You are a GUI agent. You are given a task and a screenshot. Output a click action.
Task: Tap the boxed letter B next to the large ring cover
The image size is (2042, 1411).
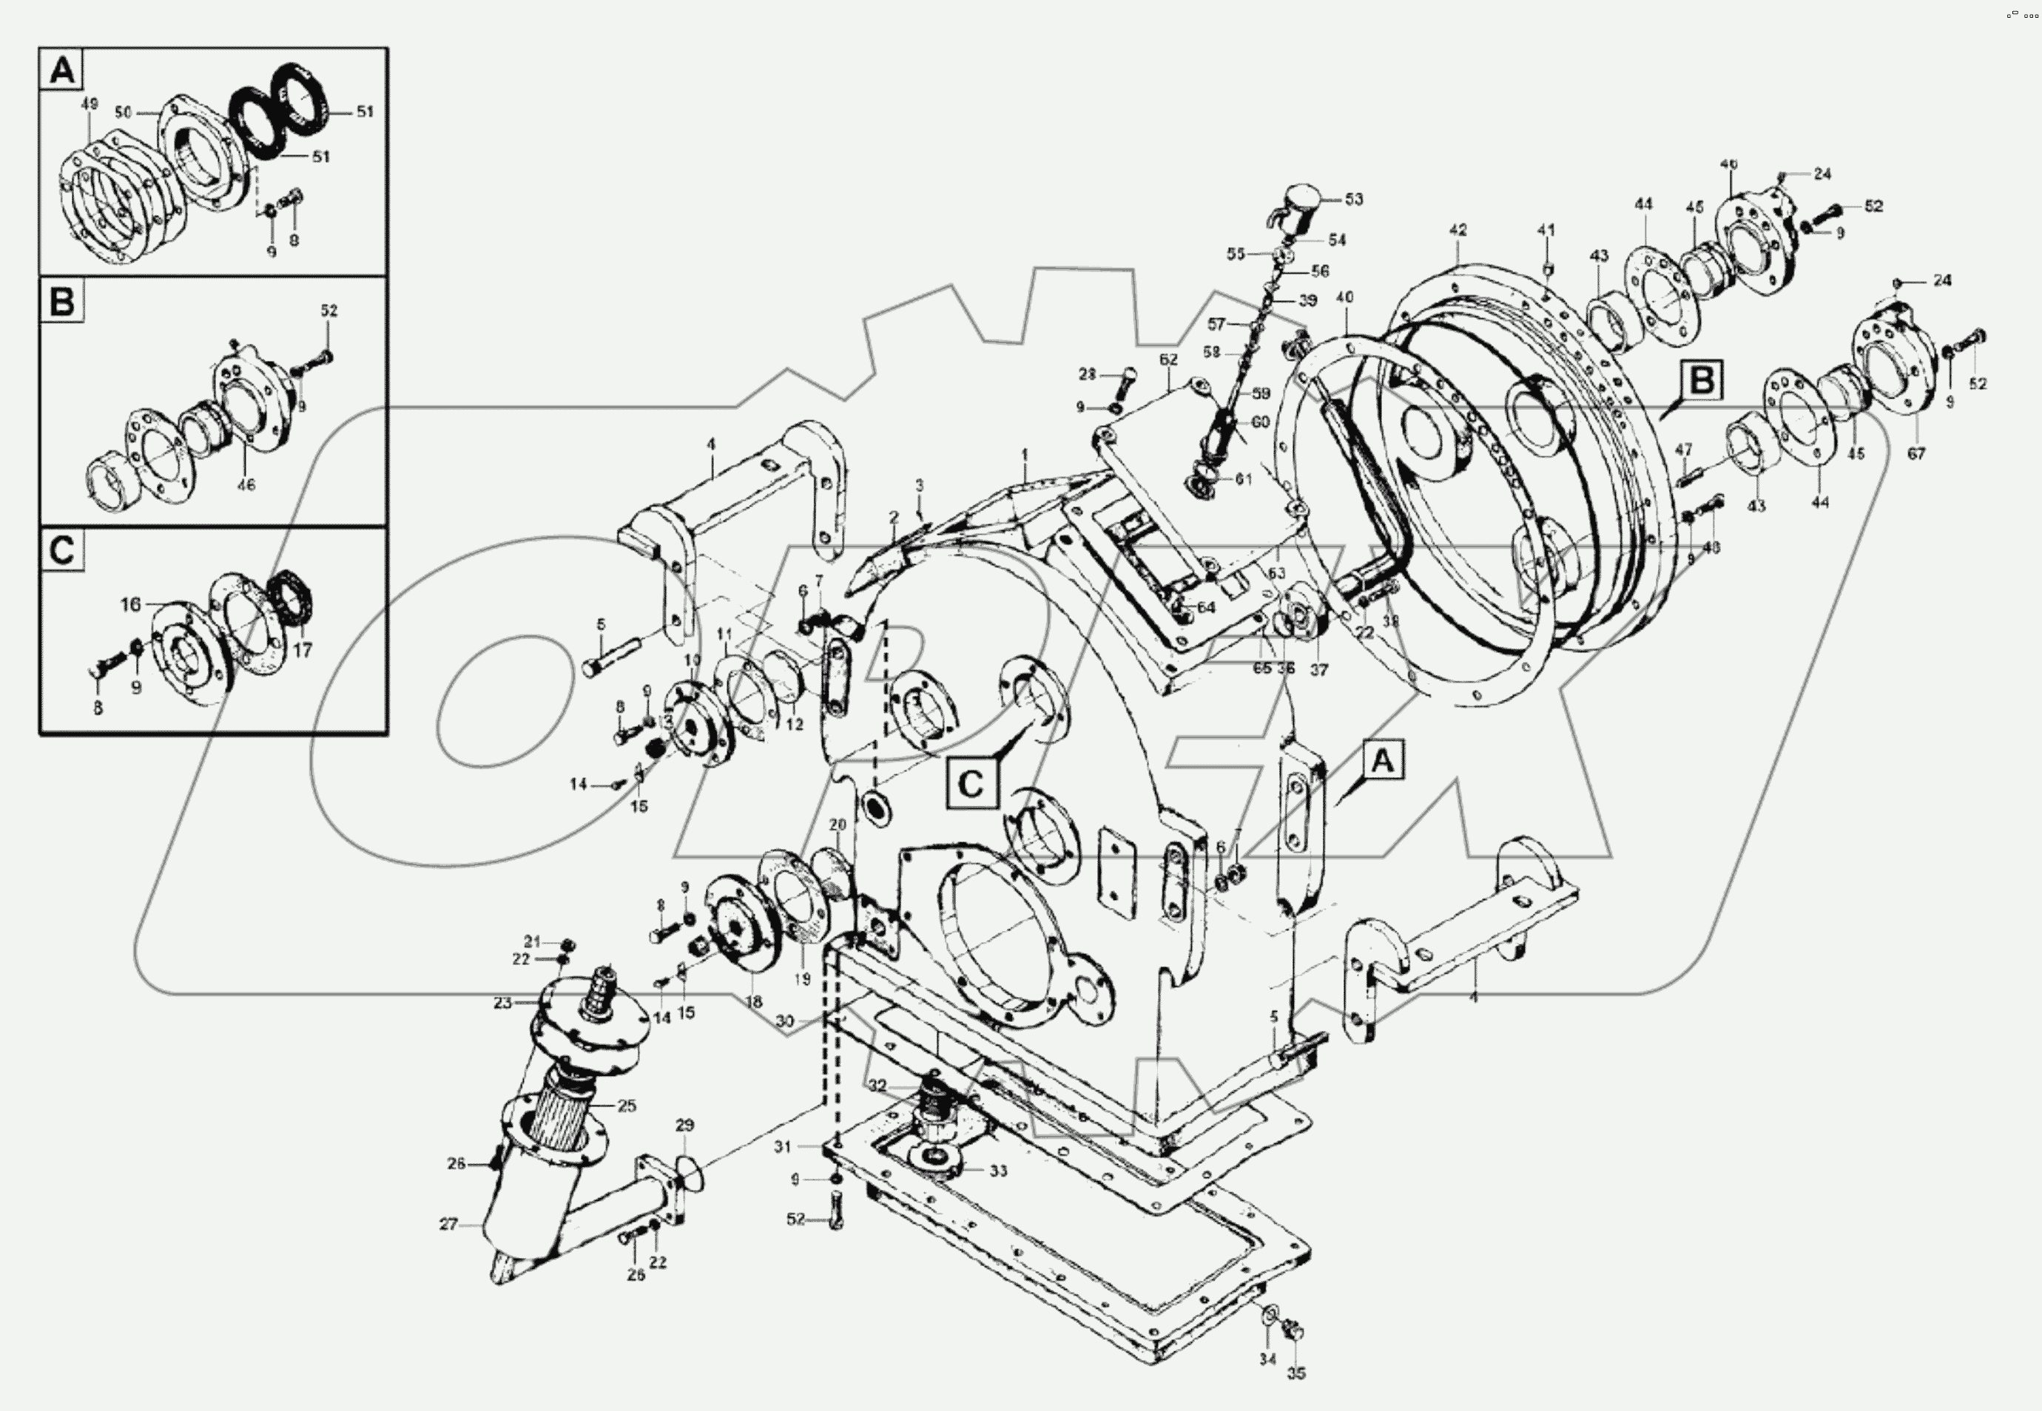tap(1701, 381)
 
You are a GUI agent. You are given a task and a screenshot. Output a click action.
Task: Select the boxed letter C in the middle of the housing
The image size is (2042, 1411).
tap(970, 783)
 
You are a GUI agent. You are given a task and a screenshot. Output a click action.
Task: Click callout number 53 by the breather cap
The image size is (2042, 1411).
tap(1354, 199)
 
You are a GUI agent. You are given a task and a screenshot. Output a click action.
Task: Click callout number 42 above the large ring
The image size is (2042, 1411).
tap(1458, 230)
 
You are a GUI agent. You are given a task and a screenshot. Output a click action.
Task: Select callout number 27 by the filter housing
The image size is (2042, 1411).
tap(448, 1225)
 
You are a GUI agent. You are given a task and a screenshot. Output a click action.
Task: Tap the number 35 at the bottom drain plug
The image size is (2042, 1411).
tap(1295, 1373)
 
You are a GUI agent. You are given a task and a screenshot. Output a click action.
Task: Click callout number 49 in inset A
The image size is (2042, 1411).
tap(90, 104)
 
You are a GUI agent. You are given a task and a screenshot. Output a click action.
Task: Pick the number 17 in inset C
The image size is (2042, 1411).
tap(303, 650)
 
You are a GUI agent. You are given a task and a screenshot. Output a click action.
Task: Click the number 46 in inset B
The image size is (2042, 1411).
tap(246, 484)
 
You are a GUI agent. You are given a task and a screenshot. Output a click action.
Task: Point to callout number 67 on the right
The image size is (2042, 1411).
tap(1915, 453)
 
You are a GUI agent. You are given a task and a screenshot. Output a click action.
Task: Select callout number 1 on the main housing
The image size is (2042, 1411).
tap(1025, 454)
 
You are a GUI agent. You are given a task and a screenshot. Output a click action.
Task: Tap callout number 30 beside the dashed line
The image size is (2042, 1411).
tap(784, 1021)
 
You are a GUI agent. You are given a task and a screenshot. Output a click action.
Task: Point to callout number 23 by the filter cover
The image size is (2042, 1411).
tap(502, 1004)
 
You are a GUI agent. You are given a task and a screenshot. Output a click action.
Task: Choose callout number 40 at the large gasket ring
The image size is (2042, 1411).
tap(1344, 298)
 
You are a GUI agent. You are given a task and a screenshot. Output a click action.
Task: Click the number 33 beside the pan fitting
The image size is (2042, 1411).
tap(997, 1171)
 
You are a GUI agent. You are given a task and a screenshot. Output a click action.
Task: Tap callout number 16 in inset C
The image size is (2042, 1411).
tap(130, 605)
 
